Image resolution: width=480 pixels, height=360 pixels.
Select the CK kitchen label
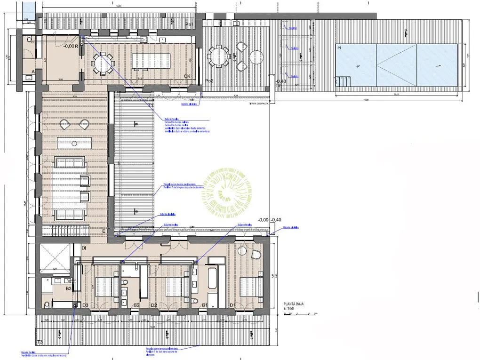click(x=187, y=76)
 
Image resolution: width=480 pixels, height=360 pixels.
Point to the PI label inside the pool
click(x=339, y=47)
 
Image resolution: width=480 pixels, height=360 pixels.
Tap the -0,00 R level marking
click(x=71, y=46)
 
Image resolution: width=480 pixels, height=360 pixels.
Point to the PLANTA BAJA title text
click(x=293, y=304)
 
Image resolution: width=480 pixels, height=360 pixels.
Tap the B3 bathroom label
click(x=68, y=288)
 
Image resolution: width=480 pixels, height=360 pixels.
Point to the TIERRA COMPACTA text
click(x=258, y=104)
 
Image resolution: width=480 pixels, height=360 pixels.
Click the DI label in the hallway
click(x=84, y=248)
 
